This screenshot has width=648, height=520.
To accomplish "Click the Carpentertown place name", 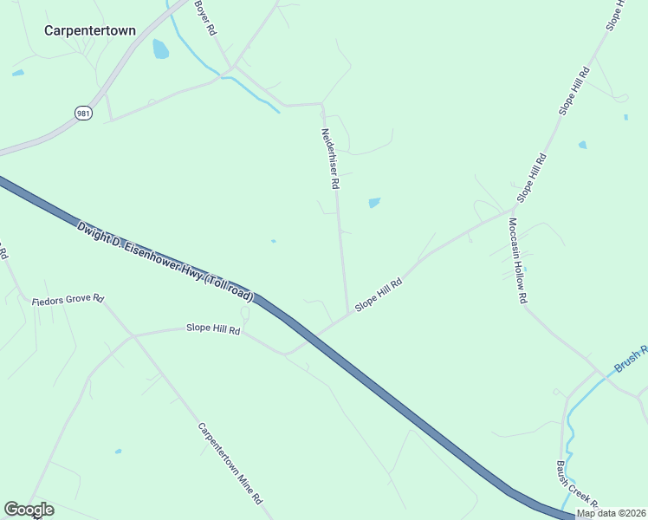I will (90, 29).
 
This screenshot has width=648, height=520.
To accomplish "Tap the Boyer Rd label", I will (204, 16).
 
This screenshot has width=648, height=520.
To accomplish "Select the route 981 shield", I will (83, 113).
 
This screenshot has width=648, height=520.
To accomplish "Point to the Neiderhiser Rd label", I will (330, 159).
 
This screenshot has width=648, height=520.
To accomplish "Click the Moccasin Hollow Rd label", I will (518, 260).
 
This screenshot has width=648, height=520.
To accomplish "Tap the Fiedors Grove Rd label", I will (68, 300).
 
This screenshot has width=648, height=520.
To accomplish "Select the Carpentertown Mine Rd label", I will (230, 463).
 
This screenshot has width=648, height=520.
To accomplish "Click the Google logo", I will (29, 510).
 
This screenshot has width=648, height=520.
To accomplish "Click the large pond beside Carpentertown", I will (160, 49).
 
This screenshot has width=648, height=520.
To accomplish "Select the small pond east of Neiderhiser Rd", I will (374, 203).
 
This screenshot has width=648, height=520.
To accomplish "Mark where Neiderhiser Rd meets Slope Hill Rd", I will (348, 314).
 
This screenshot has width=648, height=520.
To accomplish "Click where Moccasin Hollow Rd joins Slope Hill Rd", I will (511, 210).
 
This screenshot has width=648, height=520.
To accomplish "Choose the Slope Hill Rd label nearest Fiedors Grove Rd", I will (213, 329).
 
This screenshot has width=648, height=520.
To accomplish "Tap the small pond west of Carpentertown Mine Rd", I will (118, 452).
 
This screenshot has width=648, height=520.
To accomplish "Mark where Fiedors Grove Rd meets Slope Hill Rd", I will (133, 335).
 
